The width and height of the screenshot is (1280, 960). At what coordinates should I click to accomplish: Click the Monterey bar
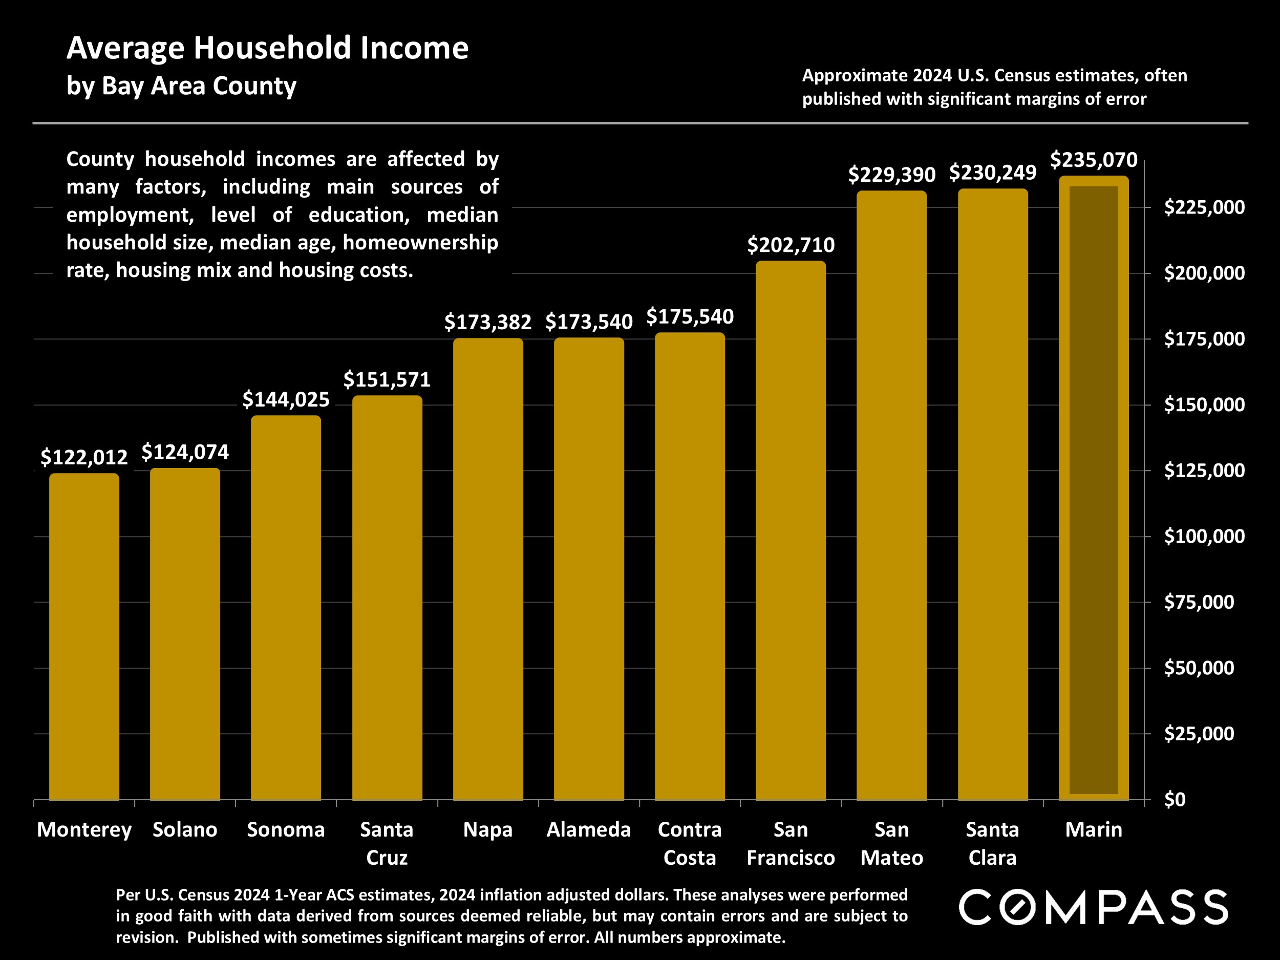84,636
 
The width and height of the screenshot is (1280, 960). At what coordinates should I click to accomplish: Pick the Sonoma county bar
286,608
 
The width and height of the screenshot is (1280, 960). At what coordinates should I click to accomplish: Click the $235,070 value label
1093,160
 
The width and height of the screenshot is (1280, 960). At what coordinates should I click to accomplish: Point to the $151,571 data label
387,379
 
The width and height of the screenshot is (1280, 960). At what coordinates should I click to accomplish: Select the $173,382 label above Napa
487,322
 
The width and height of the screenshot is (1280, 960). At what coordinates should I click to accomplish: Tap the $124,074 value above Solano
185,452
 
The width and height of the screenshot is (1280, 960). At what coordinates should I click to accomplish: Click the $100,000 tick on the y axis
1204,537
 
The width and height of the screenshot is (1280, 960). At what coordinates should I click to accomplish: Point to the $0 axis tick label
1174,799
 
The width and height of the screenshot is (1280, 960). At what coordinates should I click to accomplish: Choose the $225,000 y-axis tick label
1204,207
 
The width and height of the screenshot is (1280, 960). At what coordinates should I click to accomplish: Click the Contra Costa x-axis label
690,843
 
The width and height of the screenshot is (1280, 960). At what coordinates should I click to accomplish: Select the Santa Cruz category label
387,843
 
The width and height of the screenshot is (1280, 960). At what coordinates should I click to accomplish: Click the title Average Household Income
267,48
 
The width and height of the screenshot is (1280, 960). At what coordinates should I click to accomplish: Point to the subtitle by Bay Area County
181,86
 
